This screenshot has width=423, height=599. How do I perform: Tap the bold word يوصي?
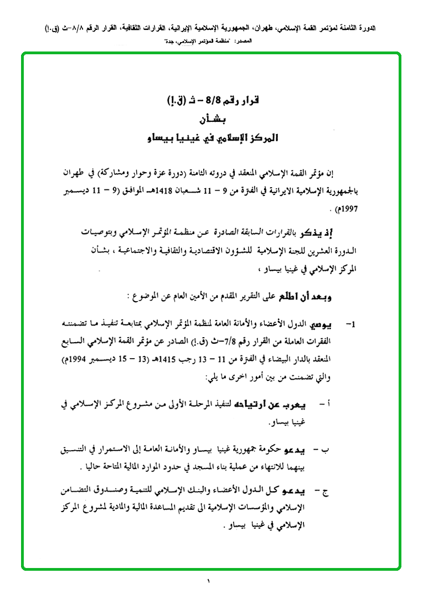click(x=323, y=323)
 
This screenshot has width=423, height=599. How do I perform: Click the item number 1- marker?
click(x=349, y=323)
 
